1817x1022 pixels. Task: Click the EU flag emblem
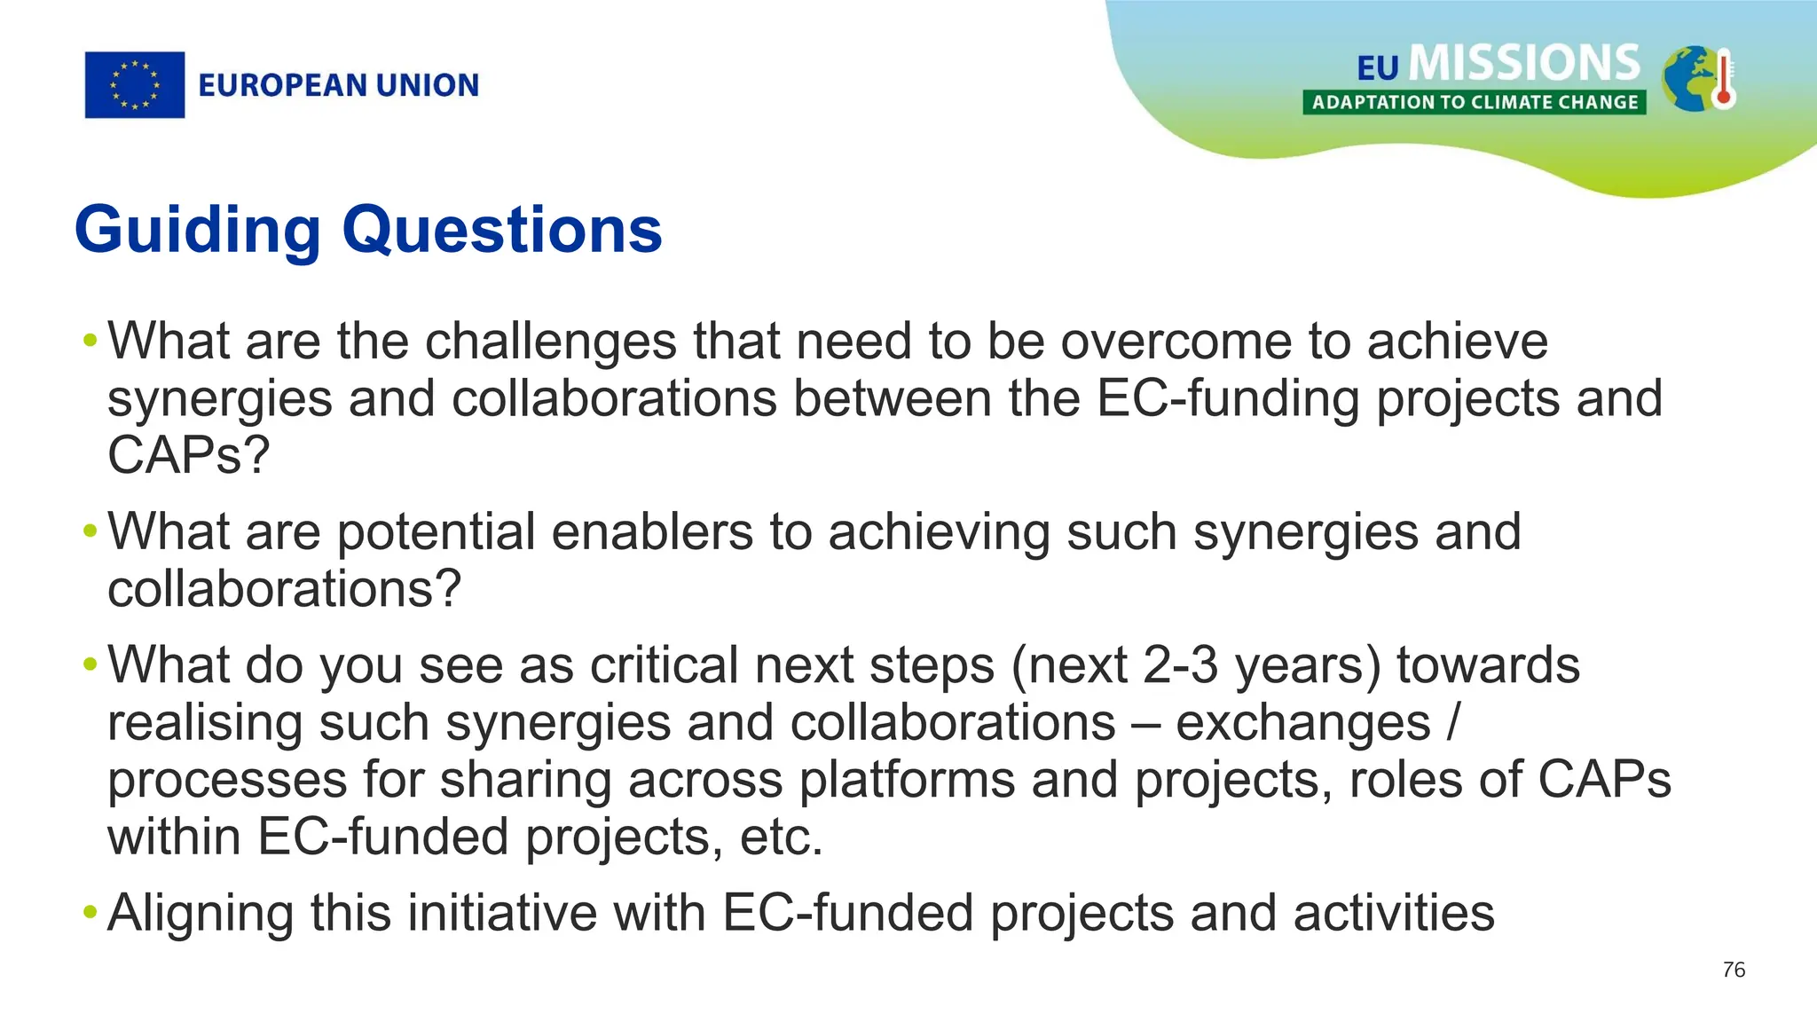pos(135,85)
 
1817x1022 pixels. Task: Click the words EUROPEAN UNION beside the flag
pos(338,85)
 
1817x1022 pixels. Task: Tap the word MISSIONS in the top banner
pos(1524,63)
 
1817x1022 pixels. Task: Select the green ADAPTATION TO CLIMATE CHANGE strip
pos(1475,102)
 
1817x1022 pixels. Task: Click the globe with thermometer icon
pos(1697,79)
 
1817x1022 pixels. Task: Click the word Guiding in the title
pos(197,230)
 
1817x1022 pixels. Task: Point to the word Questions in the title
pos(502,230)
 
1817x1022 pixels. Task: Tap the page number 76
pos(1734,970)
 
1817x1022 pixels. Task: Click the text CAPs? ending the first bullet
pos(188,455)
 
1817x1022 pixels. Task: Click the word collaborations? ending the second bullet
pos(284,589)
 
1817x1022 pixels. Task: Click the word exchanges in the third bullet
pos(1302,723)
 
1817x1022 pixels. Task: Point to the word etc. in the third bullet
pos(781,837)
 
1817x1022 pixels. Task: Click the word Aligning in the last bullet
pos(201,914)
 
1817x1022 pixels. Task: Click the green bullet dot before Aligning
pos(90,913)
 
